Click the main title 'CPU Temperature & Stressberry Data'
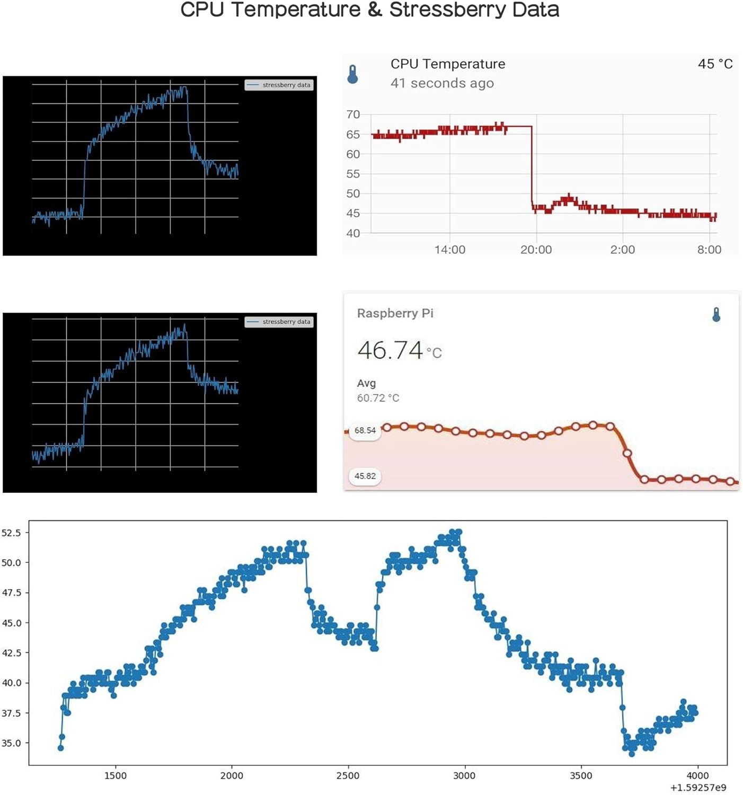[x=370, y=10]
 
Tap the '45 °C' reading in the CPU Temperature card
[x=715, y=64]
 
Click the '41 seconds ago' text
[x=442, y=83]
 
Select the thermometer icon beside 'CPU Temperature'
[x=352, y=74]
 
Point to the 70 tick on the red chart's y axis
[x=353, y=114]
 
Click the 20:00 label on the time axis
[x=536, y=250]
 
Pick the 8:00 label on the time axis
[x=709, y=250]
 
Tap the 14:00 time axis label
[x=450, y=250]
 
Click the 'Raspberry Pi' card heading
[x=395, y=313]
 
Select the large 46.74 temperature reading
[x=390, y=350]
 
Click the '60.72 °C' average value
[x=378, y=398]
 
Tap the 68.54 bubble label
[x=365, y=430]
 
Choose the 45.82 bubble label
[x=365, y=476]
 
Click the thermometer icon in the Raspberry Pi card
[x=716, y=315]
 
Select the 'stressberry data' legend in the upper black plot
[x=279, y=85]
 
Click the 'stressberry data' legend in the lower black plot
[x=279, y=322]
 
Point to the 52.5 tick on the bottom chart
[x=11, y=533]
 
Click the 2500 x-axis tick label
[x=348, y=775]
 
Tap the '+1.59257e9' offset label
[x=698, y=788]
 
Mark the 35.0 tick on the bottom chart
[x=11, y=743]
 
